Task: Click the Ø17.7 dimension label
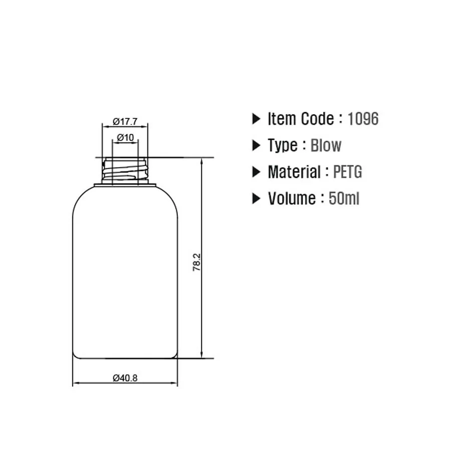125,121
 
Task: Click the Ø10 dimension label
125,137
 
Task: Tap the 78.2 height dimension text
196,262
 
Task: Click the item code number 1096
363,119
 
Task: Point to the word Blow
326,146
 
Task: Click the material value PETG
347,172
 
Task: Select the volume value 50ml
344,199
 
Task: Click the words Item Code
301,119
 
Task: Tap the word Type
283,146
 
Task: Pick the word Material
294,172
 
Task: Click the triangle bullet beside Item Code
257,119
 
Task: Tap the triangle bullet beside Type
257,146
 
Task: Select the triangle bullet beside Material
257,172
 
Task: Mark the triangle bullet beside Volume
257,199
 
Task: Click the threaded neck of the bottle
125,170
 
